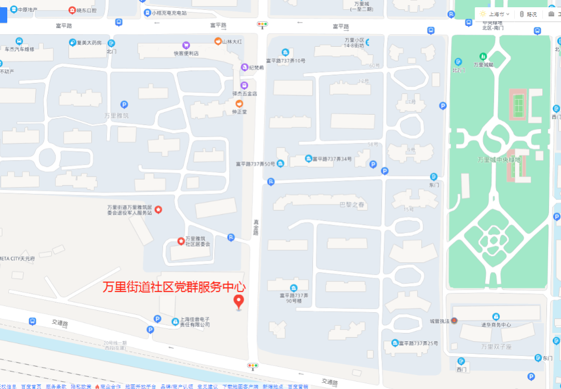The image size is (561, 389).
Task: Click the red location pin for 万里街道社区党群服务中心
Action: [239, 301]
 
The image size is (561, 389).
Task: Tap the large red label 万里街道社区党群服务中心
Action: [174, 287]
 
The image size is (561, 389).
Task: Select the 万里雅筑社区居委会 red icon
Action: [181, 241]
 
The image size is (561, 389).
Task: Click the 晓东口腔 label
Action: [86, 10]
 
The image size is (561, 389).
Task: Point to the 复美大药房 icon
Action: [72, 43]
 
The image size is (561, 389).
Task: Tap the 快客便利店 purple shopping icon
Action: [186, 45]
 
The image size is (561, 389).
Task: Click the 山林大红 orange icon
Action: [218, 41]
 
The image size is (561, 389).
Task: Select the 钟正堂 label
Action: [239, 111]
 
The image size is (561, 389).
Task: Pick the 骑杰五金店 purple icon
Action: [244, 85]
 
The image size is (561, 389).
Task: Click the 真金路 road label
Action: [255, 227]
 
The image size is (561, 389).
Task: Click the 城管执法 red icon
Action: [453, 320]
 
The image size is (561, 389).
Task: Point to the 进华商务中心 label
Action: [496, 325]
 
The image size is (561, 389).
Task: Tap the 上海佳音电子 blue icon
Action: [175, 321]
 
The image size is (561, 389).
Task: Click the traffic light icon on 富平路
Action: [262, 24]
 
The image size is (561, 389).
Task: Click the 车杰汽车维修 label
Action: [19, 49]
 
